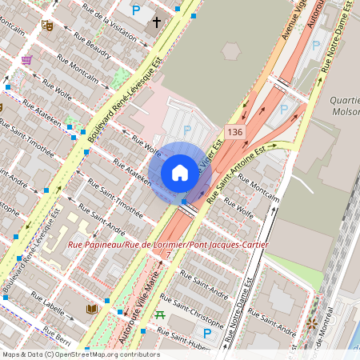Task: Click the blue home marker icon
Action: (x=180, y=172)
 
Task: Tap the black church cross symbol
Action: (x=157, y=23)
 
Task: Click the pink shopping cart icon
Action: (x=27, y=60)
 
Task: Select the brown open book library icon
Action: (x=92, y=309)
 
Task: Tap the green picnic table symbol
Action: (x=161, y=314)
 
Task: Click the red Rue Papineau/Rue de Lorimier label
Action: (x=168, y=244)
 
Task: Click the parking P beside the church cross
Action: (x=135, y=10)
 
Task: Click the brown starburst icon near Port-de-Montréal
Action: (x=311, y=324)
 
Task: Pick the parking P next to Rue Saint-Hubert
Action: (x=207, y=333)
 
